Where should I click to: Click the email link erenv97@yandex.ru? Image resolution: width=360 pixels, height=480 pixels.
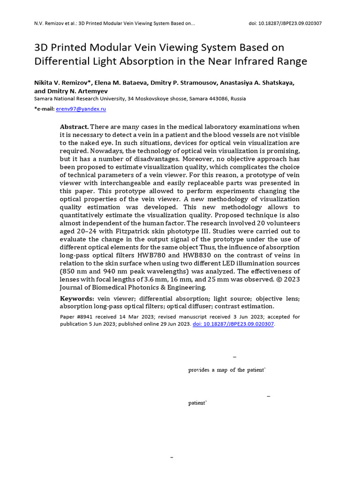(81, 109)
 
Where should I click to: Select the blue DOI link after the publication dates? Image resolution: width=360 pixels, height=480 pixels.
(234, 324)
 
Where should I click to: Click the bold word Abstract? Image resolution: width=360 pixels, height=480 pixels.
(74, 127)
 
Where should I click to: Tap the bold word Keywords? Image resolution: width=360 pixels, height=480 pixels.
(77, 298)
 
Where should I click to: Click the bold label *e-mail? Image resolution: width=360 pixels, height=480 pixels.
(45, 109)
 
